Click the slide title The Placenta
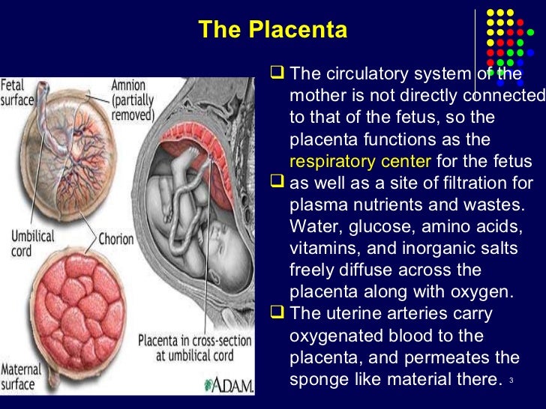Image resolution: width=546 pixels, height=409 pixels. click(273, 31)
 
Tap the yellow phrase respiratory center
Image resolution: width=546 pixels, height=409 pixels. click(360, 161)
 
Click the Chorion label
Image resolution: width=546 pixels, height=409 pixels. click(116, 240)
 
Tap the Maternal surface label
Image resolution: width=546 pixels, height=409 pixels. click(21, 376)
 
